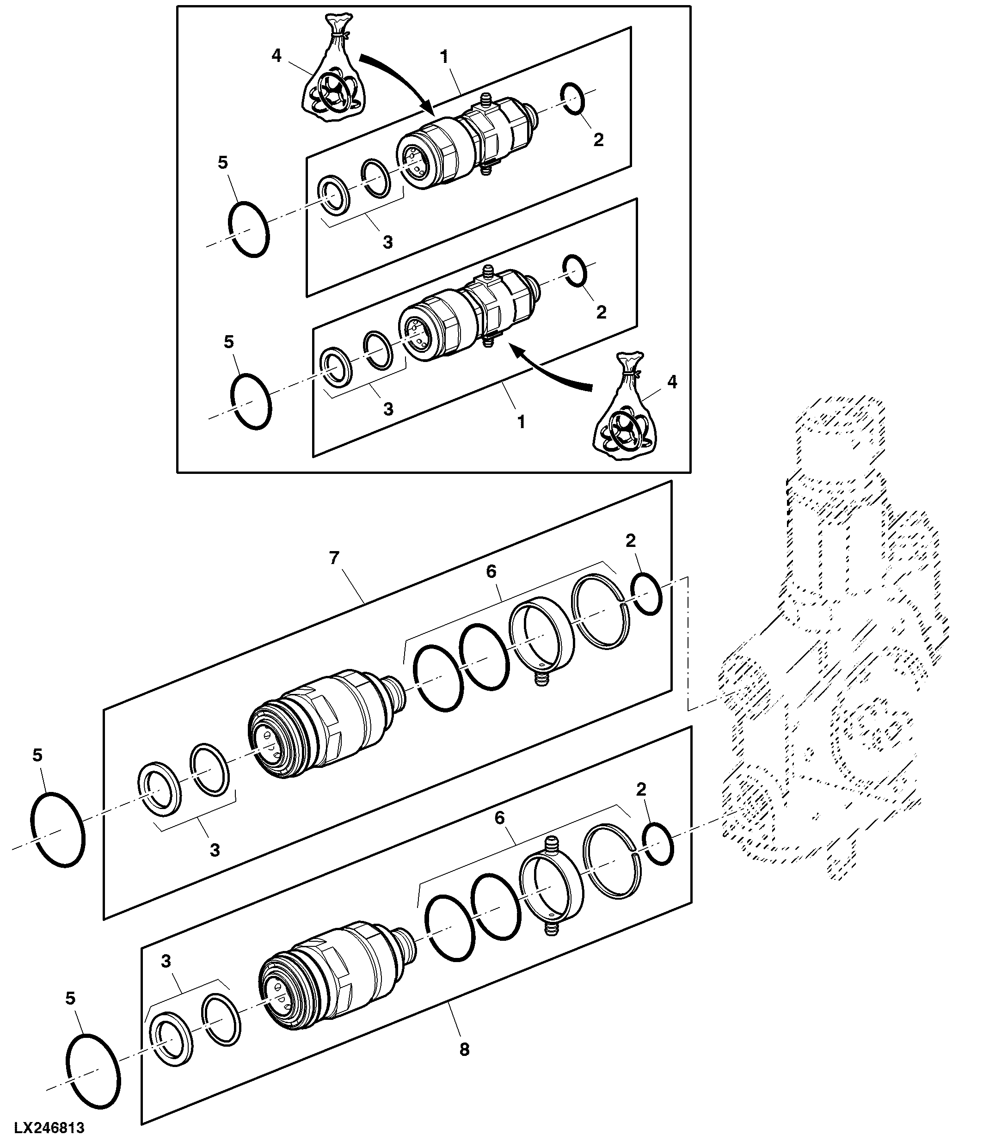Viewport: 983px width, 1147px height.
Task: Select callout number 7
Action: pyautogui.click(x=334, y=558)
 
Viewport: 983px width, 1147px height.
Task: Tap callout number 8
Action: pyautogui.click(x=464, y=1049)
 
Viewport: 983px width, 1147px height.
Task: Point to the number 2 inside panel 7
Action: pyautogui.click(x=630, y=541)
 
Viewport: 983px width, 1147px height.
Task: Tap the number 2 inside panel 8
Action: pyautogui.click(x=641, y=789)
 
